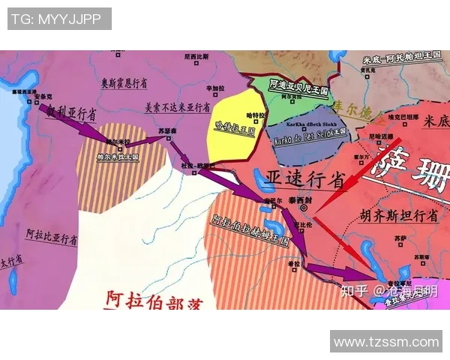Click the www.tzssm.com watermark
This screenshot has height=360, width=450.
386,342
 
